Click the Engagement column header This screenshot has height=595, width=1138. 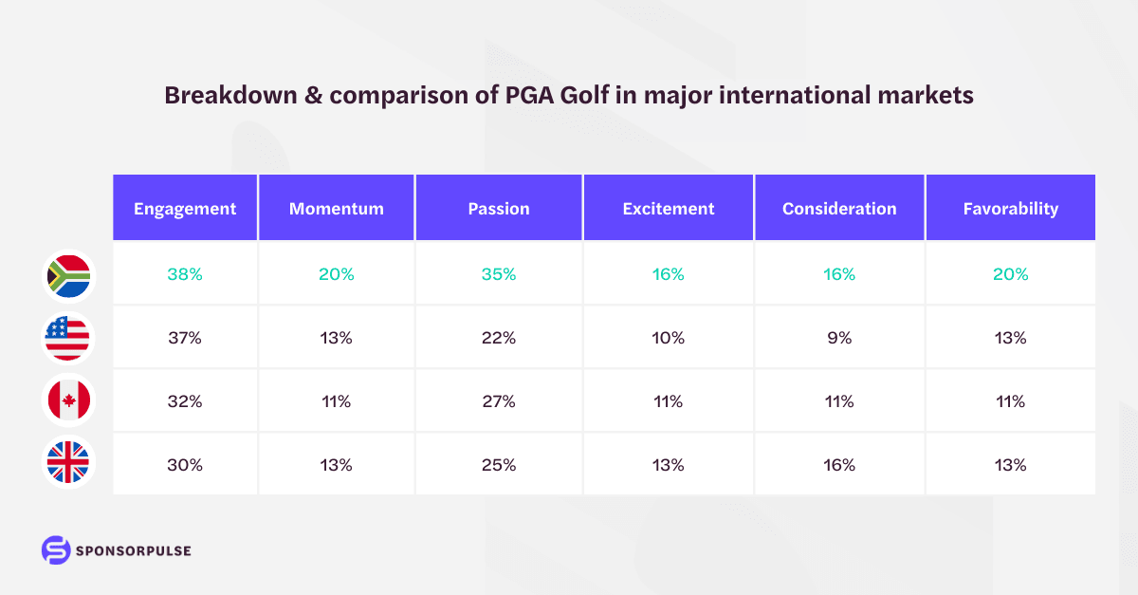coord(185,209)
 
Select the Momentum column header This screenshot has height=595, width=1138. coord(337,209)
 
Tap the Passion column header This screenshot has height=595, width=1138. coord(499,209)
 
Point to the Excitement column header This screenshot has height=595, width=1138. coord(668,209)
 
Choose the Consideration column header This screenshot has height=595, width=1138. coord(839,209)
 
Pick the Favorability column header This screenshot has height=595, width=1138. coord(1011,209)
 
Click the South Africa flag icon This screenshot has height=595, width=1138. coord(68,274)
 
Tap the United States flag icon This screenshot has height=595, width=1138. coord(68,338)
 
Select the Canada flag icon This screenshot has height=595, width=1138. coord(68,401)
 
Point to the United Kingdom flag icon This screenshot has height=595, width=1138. coord(68,464)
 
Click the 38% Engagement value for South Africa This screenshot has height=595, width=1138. coord(185,274)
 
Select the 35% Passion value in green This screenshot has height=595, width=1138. coord(499,274)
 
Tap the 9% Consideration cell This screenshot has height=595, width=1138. coord(839,338)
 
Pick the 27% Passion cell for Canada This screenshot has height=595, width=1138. coord(499,401)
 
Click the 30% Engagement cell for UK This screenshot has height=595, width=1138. coord(185,465)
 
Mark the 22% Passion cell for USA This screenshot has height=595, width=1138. coord(499,338)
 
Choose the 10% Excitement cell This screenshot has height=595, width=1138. coord(668,338)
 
